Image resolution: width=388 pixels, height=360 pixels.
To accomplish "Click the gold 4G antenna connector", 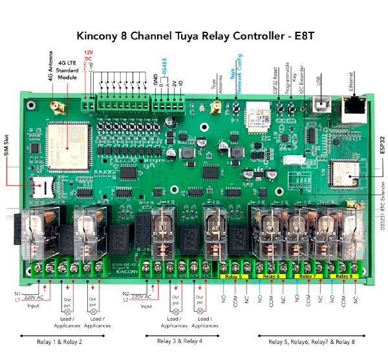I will click(x=55, y=105).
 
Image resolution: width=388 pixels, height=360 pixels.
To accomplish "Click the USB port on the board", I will click(x=318, y=105).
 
